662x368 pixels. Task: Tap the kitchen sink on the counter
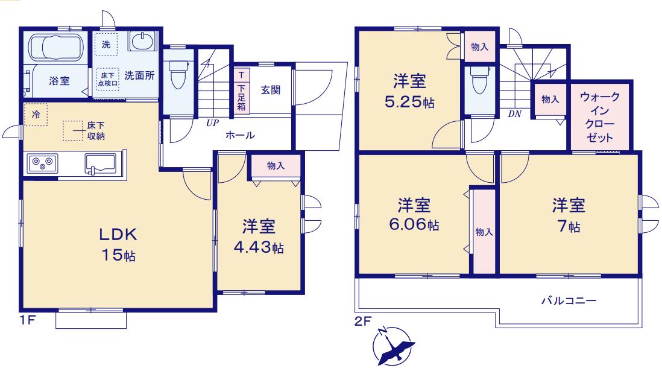pos(100,164)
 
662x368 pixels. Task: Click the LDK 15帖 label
pos(118,244)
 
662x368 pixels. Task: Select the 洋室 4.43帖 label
pos(259,236)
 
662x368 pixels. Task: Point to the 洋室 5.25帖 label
pos(409,92)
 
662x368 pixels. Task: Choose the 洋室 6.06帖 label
pos(414,215)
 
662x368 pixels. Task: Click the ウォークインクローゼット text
pos(599,117)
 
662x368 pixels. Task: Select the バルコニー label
pos(569,301)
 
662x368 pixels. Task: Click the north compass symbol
pos(392,346)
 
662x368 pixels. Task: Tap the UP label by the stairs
pos(212,123)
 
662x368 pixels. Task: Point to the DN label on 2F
pos(515,113)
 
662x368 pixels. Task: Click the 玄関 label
pos(270,90)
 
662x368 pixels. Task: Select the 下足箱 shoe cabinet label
pos(241,97)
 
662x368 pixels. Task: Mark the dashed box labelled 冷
pos(36,114)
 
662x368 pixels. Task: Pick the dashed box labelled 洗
pos(106,44)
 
